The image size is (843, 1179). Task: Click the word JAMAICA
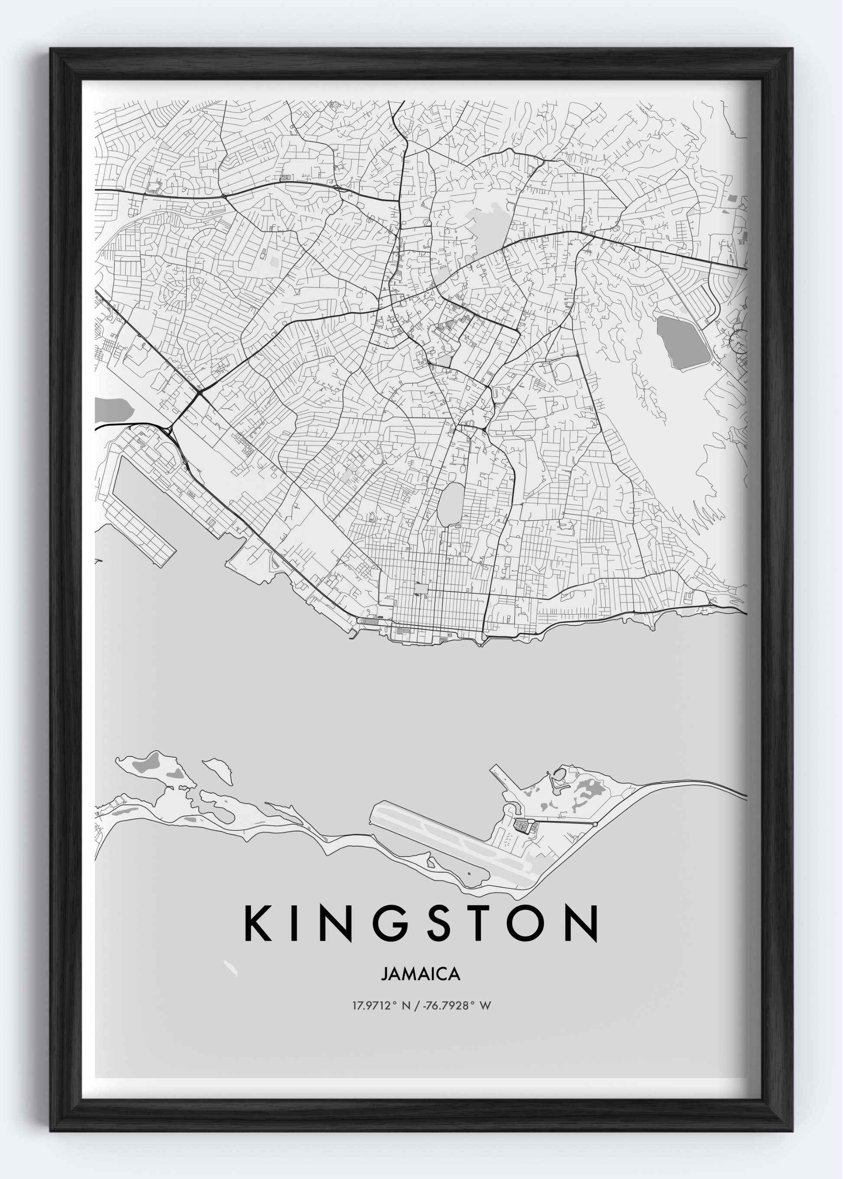coord(421,974)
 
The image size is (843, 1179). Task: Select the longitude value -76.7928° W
coord(457,1006)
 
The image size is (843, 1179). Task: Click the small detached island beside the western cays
coord(218,771)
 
